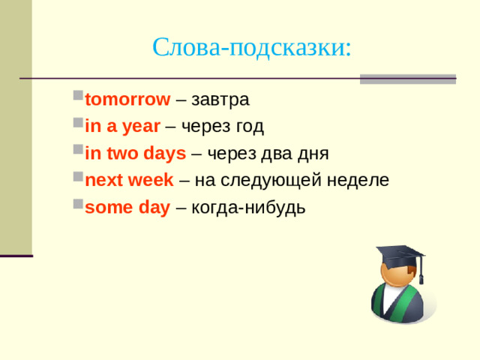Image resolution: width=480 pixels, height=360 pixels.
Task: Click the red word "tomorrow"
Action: coord(128,100)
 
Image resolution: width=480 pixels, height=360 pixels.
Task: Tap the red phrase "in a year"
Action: coord(122,127)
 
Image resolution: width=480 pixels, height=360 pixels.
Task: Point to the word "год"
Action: coord(248,127)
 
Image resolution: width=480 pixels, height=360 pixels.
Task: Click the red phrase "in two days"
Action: coord(136,154)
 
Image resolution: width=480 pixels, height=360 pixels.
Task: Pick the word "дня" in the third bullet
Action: coord(314,154)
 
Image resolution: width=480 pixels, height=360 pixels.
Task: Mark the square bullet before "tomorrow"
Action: coord(78,99)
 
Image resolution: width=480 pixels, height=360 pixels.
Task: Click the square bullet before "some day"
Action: coord(78,207)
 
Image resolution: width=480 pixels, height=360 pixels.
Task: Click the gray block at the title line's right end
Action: coord(407,79)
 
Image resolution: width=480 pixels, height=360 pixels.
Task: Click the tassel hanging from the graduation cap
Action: coord(421,270)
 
